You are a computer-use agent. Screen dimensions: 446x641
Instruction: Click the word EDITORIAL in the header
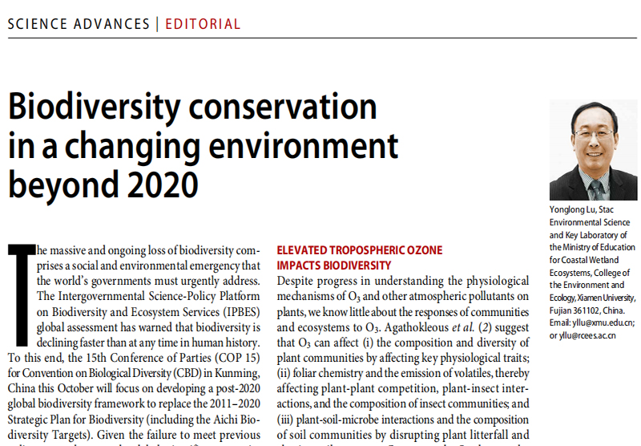click(x=203, y=23)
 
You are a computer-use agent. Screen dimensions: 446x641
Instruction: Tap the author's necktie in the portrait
click(x=595, y=189)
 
